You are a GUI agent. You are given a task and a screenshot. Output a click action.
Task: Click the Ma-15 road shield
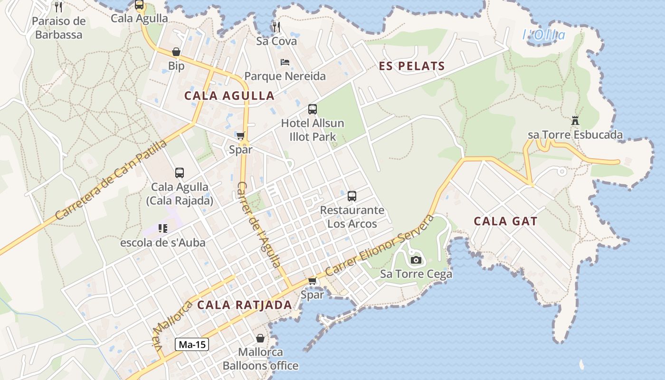(x=192, y=344)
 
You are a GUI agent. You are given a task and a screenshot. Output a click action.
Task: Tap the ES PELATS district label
(x=412, y=66)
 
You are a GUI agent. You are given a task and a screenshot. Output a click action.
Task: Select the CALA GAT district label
(x=505, y=221)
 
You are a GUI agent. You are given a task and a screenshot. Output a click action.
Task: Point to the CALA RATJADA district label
(x=244, y=305)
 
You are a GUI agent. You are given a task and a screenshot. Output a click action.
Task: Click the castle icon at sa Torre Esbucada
(x=575, y=121)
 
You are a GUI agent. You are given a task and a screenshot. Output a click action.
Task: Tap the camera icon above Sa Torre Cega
(x=416, y=260)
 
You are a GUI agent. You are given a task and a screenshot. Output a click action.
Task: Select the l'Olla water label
(x=544, y=35)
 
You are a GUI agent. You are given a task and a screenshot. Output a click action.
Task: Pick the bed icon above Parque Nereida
(x=285, y=62)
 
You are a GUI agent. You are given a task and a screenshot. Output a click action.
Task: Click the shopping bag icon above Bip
(x=176, y=52)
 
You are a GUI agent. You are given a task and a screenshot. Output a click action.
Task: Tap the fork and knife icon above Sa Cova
(x=276, y=27)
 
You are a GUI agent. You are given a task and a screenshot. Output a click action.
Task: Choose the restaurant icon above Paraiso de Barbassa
(x=58, y=7)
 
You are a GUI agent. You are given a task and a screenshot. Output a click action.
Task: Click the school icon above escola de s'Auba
(x=163, y=228)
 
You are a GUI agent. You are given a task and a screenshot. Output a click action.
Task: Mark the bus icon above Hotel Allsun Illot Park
(x=312, y=109)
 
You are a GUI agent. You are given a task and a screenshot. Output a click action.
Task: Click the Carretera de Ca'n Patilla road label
(x=111, y=180)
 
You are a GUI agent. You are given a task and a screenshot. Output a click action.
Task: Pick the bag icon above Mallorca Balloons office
(x=260, y=338)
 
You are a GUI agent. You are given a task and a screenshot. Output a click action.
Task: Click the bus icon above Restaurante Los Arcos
(x=352, y=196)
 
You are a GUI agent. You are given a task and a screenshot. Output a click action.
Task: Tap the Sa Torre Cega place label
(x=416, y=274)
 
